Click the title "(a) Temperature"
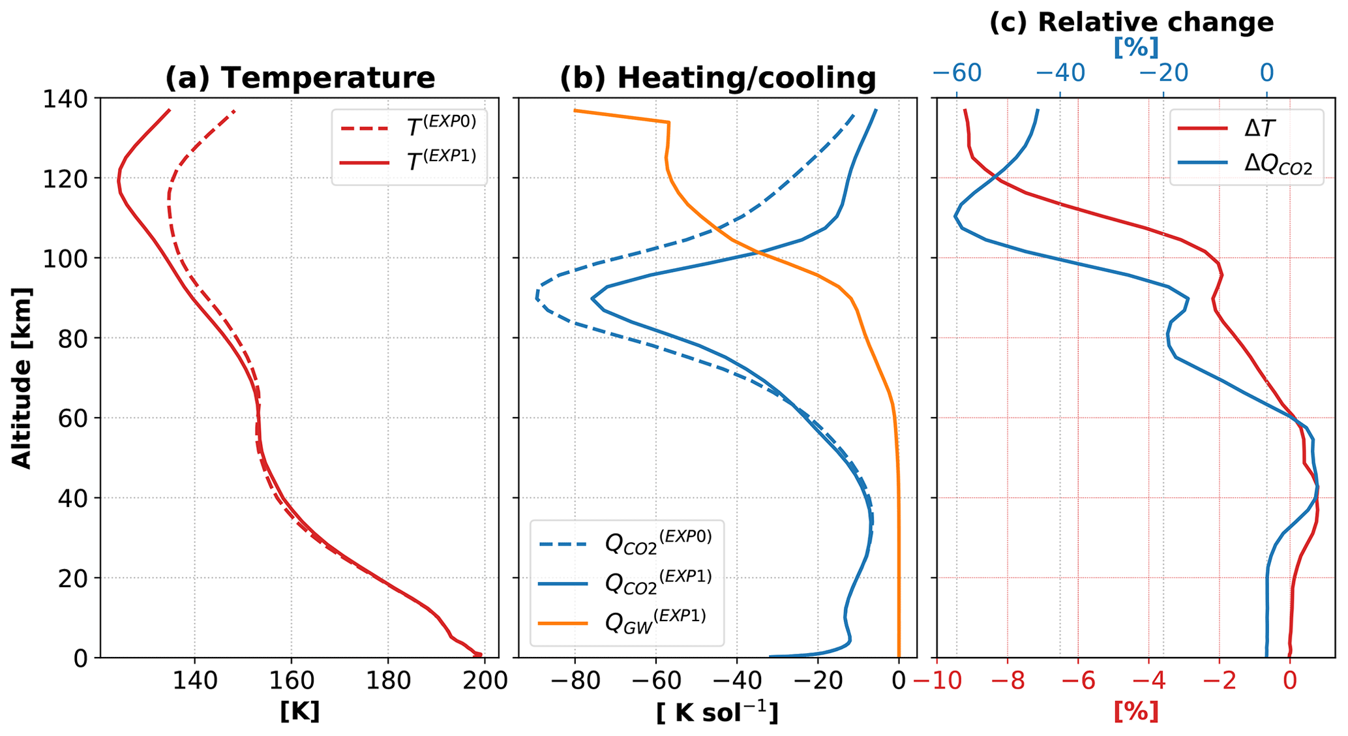[299, 78]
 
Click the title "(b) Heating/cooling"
[717, 78]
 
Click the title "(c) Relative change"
[1131, 22]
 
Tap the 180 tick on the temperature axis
[387, 682]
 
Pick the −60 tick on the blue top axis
[957, 73]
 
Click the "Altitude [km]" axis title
[22, 377]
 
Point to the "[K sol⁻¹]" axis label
[717, 713]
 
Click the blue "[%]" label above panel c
[1136, 48]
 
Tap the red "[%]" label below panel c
[1136, 712]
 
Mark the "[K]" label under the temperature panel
[299, 712]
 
